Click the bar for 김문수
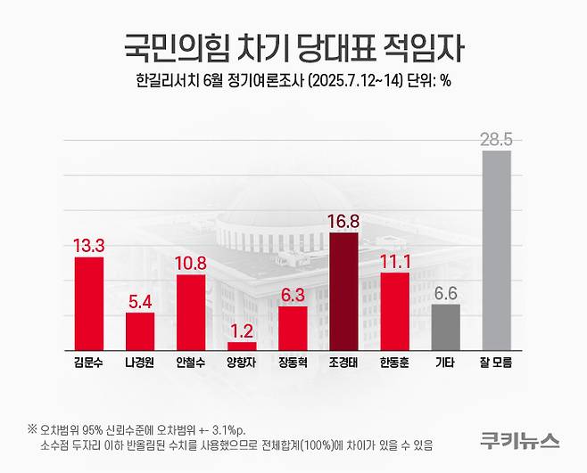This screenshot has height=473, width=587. point(88,303)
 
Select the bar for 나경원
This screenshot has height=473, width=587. point(139,330)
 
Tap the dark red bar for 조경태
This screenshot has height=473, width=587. point(343,290)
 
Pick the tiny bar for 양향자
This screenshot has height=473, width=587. point(242,345)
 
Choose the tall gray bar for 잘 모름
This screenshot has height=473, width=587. point(497,249)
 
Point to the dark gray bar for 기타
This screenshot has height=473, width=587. point(446,326)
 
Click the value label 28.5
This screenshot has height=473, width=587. point(497,139)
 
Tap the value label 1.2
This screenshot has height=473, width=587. point(242,330)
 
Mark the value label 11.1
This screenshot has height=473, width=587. point(394,261)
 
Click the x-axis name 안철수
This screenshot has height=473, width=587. point(191,364)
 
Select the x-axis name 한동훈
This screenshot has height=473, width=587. point(394,364)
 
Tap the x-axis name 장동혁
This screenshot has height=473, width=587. point(293,364)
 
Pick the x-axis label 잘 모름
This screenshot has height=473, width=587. point(497,364)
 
